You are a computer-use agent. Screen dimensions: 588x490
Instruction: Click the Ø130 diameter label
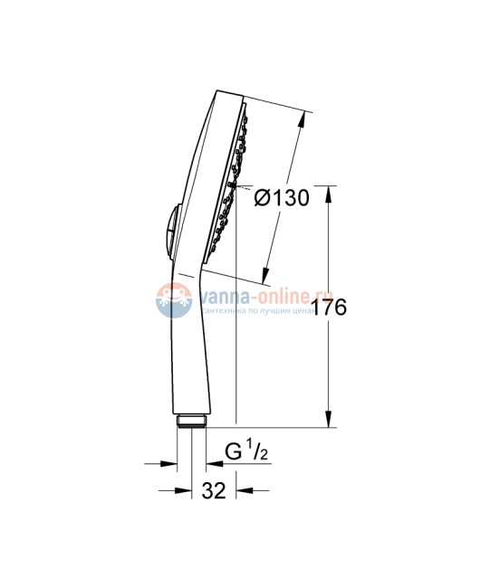click(282, 198)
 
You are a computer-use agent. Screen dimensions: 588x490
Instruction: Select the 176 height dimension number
click(330, 308)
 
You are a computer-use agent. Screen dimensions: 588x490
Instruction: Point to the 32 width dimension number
click(214, 491)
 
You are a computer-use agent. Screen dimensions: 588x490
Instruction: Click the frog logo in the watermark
click(172, 299)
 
